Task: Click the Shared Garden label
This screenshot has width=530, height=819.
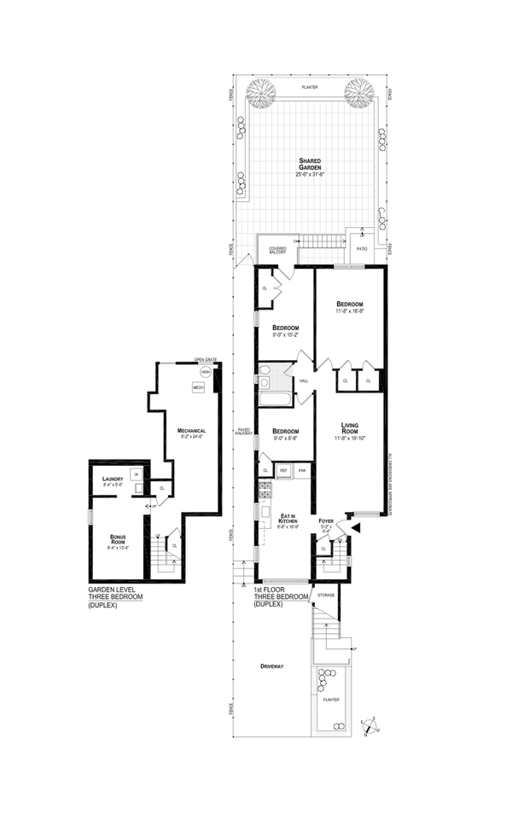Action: click(x=309, y=161)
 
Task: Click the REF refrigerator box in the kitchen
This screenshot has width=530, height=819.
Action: click(x=282, y=470)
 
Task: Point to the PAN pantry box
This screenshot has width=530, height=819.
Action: click(x=302, y=470)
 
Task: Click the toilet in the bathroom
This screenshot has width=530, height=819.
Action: click(x=265, y=371)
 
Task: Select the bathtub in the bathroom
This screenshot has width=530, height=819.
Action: click(x=275, y=398)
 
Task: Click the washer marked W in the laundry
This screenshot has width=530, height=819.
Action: click(x=135, y=473)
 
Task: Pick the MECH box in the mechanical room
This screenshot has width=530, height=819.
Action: click(x=197, y=387)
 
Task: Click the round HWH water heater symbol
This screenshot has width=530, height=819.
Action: click(x=205, y=372)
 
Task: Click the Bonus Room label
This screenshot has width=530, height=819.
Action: click(x=118, y=539)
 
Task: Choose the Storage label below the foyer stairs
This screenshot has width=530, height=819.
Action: click(x=326, y=594)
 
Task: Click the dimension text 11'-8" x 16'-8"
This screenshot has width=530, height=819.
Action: click(x=351, y=311)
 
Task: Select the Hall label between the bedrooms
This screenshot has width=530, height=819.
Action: click(x=302, y=380)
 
